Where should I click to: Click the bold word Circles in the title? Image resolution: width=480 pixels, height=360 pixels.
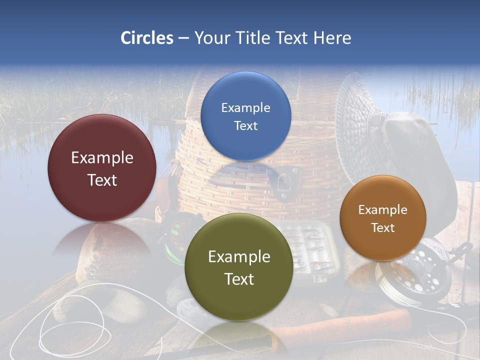click(147, 38)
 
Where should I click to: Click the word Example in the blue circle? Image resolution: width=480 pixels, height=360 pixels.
click(245, 107)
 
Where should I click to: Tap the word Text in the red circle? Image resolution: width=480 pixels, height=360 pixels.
click(102, 180)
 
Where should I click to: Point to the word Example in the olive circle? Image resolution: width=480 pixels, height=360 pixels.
click(239, 256)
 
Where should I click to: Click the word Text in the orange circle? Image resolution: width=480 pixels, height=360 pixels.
click(382, 227)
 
